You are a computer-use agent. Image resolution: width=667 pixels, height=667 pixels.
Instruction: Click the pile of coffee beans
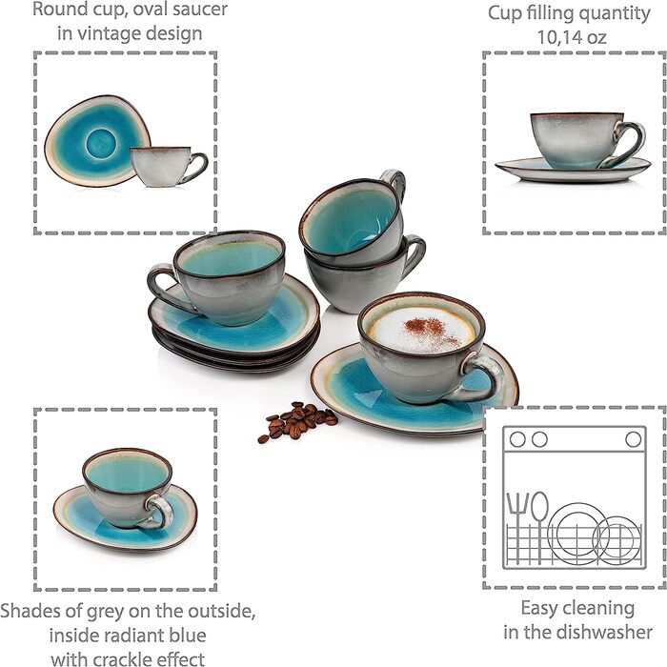point(297,420)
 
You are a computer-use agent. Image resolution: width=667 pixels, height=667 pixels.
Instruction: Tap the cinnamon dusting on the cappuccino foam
point(430,330)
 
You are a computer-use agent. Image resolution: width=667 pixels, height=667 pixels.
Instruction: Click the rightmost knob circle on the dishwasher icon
point(633,439)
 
